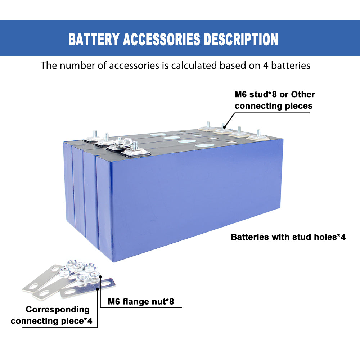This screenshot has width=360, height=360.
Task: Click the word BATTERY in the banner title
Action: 93,39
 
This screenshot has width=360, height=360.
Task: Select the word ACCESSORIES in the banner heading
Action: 161,39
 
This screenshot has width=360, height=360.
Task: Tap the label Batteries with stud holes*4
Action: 288,237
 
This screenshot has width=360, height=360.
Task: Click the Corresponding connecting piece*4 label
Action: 54,315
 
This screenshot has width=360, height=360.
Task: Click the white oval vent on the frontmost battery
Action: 204,146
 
